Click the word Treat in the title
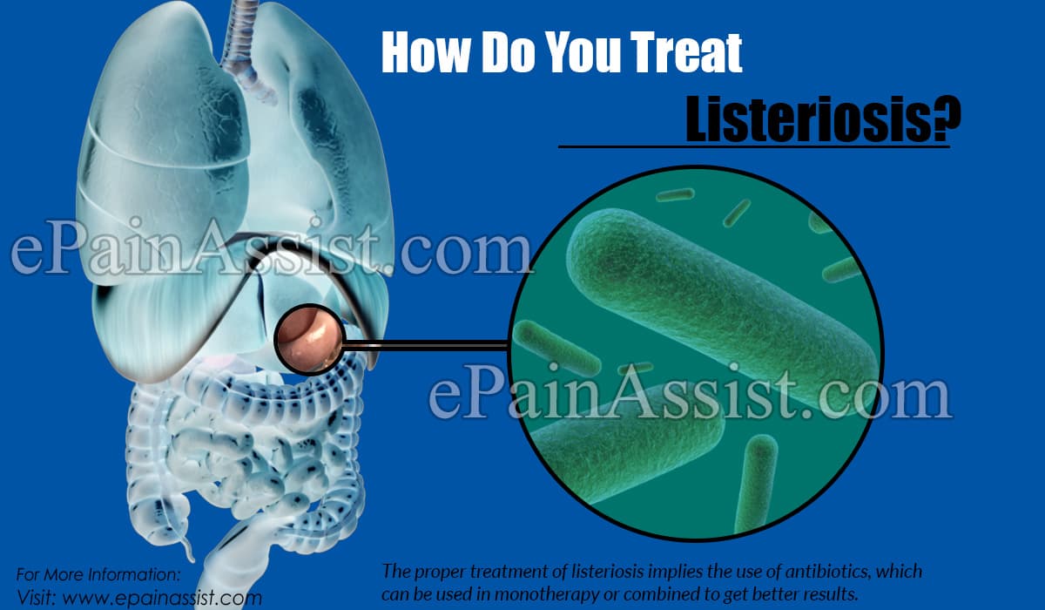(x=686, y=52)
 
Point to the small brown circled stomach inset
(x=310, y=339)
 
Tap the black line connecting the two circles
(x=427, y=346)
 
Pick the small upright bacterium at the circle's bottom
(x=757, y=485)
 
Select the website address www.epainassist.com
(x=162, y=598)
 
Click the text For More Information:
(x=98, y=574)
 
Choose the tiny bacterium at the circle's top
(x=675, y=194)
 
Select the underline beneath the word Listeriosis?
(x=754, y=146)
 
